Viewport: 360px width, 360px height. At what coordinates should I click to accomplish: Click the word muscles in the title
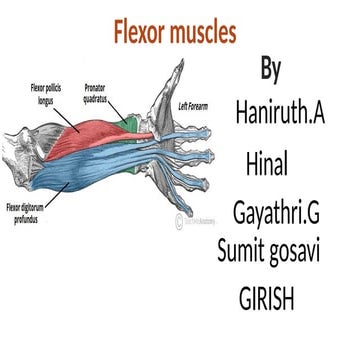tap(204, 33)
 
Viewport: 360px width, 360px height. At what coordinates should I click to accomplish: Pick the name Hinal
tap(267, 156)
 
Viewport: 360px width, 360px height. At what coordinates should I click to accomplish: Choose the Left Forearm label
tap(198, 105)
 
